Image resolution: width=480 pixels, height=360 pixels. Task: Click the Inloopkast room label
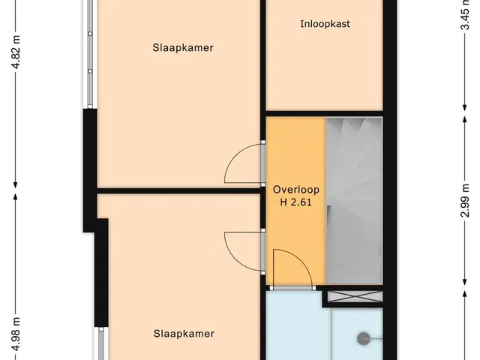click(325, 24)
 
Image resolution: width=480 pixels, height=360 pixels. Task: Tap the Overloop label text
click(296, 190)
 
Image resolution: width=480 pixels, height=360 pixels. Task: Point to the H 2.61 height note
click(295, 202)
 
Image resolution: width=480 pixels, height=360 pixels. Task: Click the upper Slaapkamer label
click(183, 48)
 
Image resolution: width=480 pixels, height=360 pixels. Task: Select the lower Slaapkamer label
click(184, 333)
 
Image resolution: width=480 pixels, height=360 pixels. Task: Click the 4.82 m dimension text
click(16, 52)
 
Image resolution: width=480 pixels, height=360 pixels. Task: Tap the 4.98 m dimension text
click(16, 334)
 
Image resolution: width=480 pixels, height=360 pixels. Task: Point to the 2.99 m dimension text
click(465, 200)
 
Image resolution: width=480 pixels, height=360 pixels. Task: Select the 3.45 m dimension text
click(465, 15)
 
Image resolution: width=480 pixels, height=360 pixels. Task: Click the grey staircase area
click(354, 201)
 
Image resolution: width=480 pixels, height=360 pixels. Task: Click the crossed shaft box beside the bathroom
click(355, 297)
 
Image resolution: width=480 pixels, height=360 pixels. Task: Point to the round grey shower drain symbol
click(364, 338)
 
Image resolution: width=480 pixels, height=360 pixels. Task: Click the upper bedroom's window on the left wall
click(90, 53)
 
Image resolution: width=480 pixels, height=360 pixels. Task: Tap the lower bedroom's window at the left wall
click(101, 343)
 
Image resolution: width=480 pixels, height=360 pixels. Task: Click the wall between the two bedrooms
click(178, 191)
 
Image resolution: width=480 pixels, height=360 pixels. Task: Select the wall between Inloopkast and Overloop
click(324, 113)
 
